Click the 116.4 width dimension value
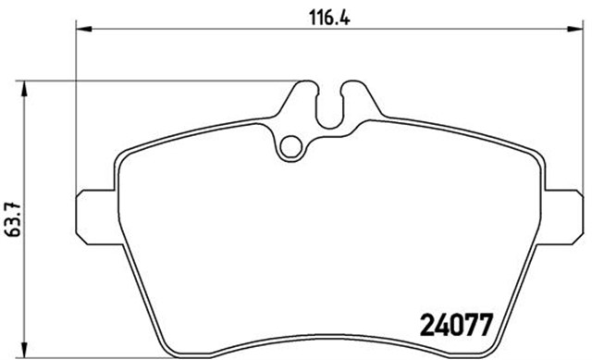point(329,18)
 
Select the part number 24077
point(457,325)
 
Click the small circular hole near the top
point(291,147)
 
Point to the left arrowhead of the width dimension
point(84,29)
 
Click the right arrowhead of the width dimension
point(575,29)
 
